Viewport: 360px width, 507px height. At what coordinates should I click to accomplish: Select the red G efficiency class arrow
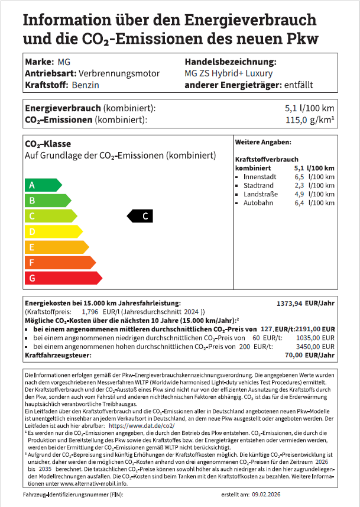(62, 277)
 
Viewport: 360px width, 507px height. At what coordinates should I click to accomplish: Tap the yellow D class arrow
(53, 231)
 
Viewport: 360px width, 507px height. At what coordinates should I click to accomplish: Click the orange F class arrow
(59, 262)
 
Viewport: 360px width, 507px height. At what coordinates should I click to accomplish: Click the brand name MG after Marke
(64, 62)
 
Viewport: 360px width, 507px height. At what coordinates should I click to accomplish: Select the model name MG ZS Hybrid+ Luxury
(229, 73)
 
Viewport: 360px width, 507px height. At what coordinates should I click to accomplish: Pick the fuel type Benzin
(85, 85)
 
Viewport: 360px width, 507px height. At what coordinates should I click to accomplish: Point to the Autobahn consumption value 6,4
(299, 203)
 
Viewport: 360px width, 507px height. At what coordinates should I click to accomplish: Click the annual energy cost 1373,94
(290, 303)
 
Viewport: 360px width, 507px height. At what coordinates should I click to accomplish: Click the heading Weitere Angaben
(262, 143)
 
